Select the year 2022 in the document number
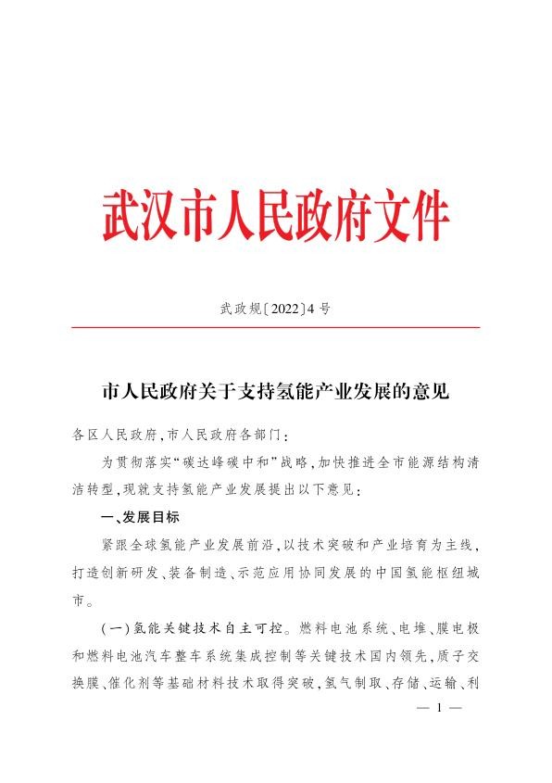[x=275, y=309]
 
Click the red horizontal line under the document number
[x=275, y=328]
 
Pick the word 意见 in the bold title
[x=432, y=393]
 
